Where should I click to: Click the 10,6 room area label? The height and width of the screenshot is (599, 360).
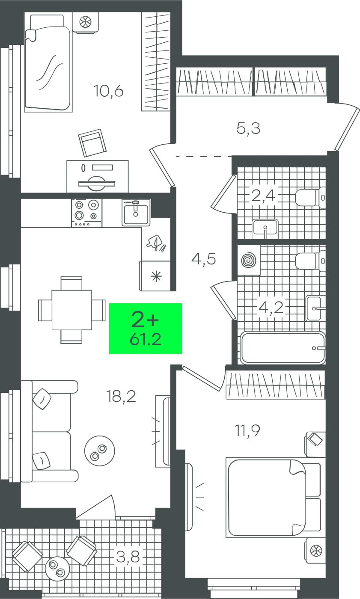(x=108, y=91)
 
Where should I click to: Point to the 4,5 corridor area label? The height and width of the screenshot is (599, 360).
(x=203, y=258)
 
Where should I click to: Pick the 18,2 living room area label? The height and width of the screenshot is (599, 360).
(x=121, y=396)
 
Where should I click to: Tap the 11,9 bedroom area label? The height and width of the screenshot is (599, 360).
(x=247, y=430)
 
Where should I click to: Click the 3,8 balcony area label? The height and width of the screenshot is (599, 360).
(x=128, y=557)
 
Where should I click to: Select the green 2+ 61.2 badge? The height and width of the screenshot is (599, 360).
(x=146, y=329)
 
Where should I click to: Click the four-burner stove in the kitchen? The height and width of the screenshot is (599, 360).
(x=86, y=213)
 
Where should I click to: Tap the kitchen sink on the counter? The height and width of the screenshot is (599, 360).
(x=136, y=213)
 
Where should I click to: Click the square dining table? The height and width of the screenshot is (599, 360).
(x=71, y=310)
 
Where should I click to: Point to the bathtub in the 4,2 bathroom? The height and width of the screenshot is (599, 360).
(x=283, y=347)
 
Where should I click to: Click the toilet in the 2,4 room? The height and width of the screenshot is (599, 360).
(x=310, y=198)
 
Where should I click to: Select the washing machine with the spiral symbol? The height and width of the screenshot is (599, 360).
(x=249, y=260)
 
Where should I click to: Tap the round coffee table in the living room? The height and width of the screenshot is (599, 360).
(x=99, y=451)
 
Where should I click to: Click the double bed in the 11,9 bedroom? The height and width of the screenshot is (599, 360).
(x=273, y=498)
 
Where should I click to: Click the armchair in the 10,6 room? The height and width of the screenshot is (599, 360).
(x=92, y=143)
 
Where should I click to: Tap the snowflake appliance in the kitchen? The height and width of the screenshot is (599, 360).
(x=155, y=276)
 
